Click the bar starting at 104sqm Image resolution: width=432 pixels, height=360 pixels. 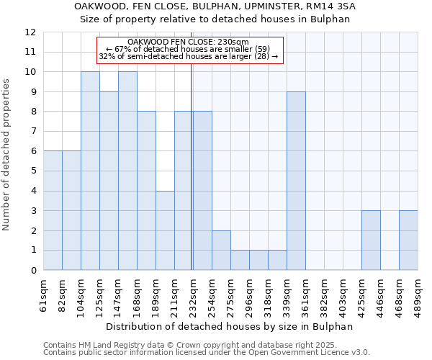point(90,171)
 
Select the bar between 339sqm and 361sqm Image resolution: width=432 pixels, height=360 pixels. point(296,181)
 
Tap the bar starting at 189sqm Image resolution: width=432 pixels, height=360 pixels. point(165,230)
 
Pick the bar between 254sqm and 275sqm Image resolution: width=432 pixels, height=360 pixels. point(221,250)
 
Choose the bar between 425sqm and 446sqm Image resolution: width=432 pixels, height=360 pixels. point(371,240)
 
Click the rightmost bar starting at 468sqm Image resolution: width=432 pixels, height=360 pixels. point(408,240)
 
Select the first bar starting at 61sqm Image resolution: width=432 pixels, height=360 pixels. point(53,210)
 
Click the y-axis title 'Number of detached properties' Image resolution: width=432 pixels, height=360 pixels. point(7,155)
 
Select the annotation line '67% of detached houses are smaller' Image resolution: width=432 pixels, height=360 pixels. point(187,48)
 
